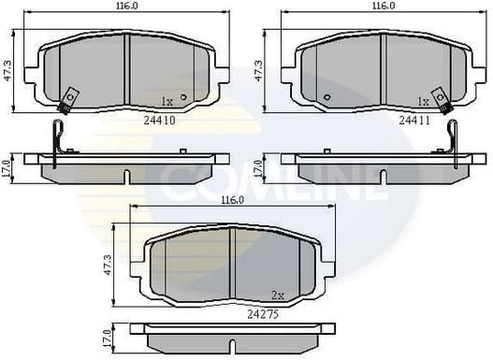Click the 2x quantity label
[277, 295]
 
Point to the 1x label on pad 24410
[167, 101]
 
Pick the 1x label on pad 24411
[424, 101]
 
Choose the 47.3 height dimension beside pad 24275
[109, 266]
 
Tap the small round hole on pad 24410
[183, 96]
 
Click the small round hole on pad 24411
[326, 96]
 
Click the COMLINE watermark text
[271, 183]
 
